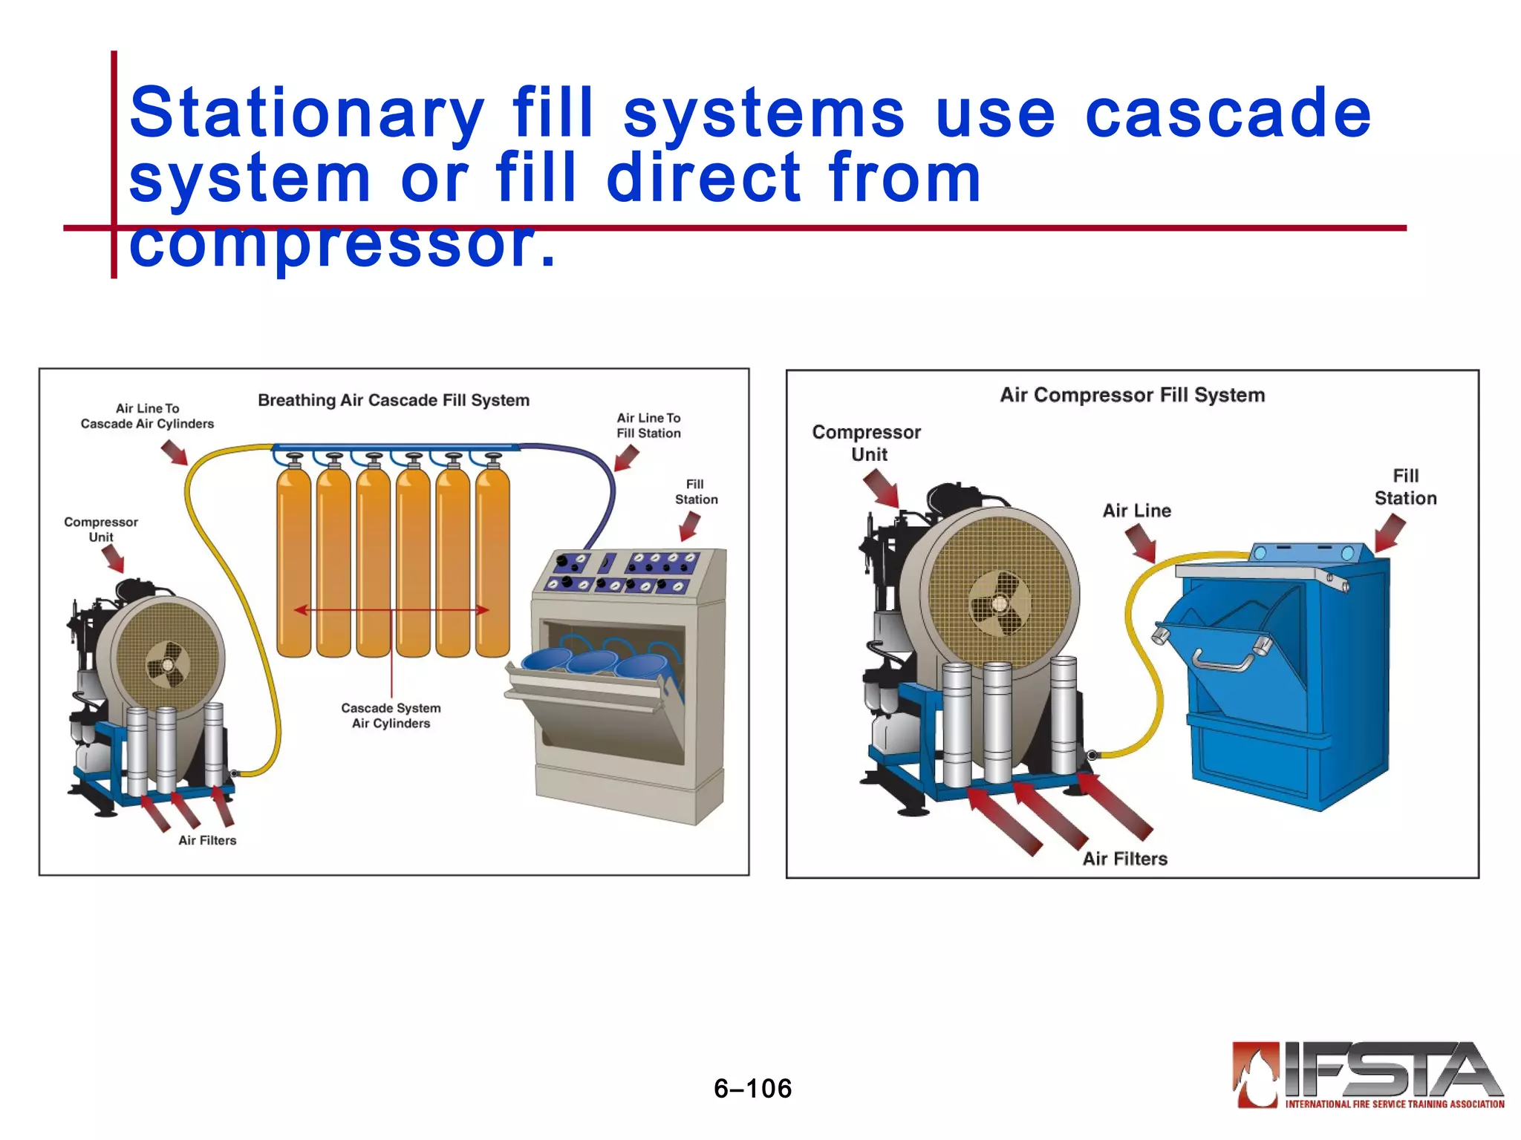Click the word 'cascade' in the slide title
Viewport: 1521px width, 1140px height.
1227,113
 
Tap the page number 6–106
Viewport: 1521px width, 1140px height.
752,1088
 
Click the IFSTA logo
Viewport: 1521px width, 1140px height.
1368,1075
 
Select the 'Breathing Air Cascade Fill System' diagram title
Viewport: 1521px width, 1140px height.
394,400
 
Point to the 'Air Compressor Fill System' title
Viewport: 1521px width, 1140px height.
1132,395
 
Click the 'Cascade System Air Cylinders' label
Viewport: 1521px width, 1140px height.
391,715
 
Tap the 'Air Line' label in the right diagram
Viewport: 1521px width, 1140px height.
1136,511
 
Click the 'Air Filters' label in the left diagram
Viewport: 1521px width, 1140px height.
207,840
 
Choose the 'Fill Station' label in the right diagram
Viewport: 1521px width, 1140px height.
1405,487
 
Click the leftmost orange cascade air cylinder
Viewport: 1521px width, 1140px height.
294,564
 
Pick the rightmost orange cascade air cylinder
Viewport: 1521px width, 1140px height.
492,564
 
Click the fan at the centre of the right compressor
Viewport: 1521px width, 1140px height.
1000,603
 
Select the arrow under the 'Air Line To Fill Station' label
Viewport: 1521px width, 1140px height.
626,458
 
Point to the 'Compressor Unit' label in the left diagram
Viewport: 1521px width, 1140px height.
101,529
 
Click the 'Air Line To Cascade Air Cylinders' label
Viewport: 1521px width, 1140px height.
147,416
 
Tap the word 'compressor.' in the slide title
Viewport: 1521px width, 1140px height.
342,245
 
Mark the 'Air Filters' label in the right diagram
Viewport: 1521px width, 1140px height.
1124,859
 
